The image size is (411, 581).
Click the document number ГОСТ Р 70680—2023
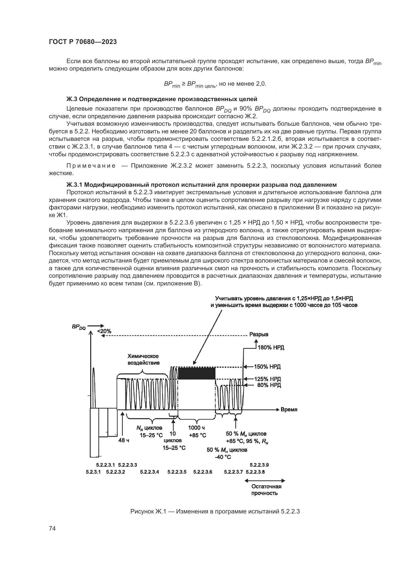coord(83,42)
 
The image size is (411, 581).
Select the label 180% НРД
coord(271,348)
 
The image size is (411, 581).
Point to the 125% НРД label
coord(267,379)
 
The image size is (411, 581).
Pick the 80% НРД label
coord(269,385)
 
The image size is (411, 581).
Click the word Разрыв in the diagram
coord(259,335)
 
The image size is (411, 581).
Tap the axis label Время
coord(289,409)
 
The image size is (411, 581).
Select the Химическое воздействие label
coord(143,359)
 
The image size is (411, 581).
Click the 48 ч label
coord(124,440)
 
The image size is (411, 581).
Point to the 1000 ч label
coord(196,428)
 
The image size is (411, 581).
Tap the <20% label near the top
coord(104,331)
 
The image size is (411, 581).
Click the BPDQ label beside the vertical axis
coord(79,327)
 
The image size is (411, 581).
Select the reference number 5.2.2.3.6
coord(203,472)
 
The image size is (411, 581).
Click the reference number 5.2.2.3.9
coord(259,465)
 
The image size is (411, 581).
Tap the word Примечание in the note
coord(91,166)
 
